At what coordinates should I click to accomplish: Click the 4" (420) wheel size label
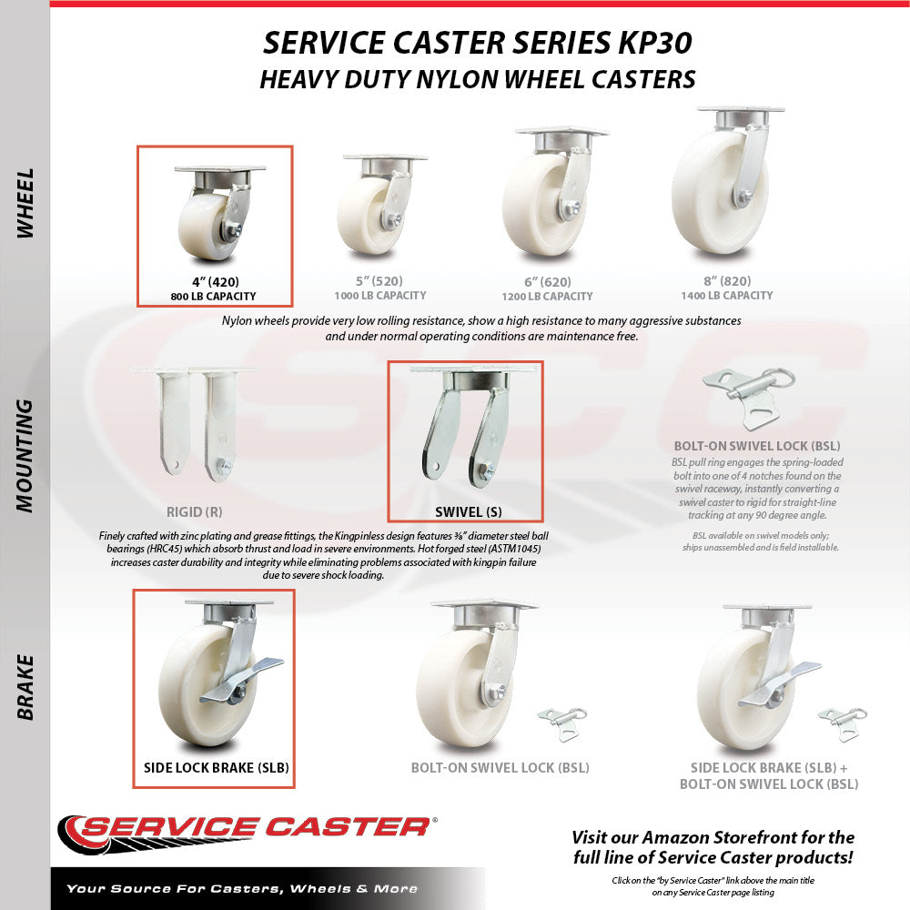coord(216,282)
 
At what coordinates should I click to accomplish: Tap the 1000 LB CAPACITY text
coord(380,296)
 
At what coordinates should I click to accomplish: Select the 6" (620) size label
coord(547,282)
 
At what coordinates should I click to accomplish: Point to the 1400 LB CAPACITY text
coord(726,296)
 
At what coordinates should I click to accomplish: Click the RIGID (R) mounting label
coord(195,511)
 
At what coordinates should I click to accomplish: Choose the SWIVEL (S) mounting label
coord(469,511)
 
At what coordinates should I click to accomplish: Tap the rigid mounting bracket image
coord(195,425)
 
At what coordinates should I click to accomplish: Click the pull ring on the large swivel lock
coord(781,379)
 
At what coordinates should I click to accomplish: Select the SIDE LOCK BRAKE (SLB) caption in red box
coord(217,768)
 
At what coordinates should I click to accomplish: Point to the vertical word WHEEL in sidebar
coord(25,203)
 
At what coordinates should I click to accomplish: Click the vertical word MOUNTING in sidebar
coord(25,456)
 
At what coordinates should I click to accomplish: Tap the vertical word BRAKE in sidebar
coord(25,688)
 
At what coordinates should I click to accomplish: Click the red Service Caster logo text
coord(256,826)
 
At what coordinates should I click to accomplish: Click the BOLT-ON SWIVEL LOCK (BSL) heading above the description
coord(757,446)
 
